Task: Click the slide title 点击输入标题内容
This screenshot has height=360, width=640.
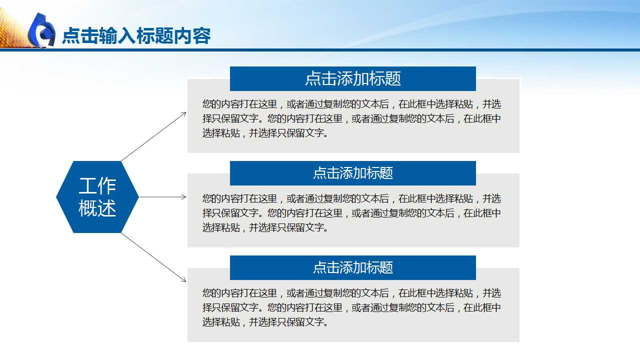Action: point(136,36)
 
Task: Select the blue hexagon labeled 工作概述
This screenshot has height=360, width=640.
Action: point(97,197)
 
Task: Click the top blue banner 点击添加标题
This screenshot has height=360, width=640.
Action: point(352,78)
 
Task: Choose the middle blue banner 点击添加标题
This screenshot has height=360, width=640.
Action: point(352,173)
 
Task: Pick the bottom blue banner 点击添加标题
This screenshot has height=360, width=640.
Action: point(352,267)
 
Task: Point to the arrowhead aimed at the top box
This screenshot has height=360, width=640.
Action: point(184,114)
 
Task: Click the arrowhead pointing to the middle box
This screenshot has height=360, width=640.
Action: point(184,197)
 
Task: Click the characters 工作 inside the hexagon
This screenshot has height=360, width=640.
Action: point(97,186)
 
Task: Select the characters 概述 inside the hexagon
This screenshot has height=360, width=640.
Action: point(97,208)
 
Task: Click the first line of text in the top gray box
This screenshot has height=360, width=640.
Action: point(351,104)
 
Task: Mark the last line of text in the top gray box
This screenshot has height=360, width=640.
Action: point(265,133)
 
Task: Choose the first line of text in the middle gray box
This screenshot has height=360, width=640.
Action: point(351,198)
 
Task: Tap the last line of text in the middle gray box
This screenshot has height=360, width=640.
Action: point(265,227)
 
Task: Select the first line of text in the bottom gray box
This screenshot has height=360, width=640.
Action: point(351,293)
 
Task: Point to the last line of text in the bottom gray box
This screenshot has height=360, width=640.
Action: point(265,322)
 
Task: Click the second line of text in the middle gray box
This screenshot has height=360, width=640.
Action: point(351,213)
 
